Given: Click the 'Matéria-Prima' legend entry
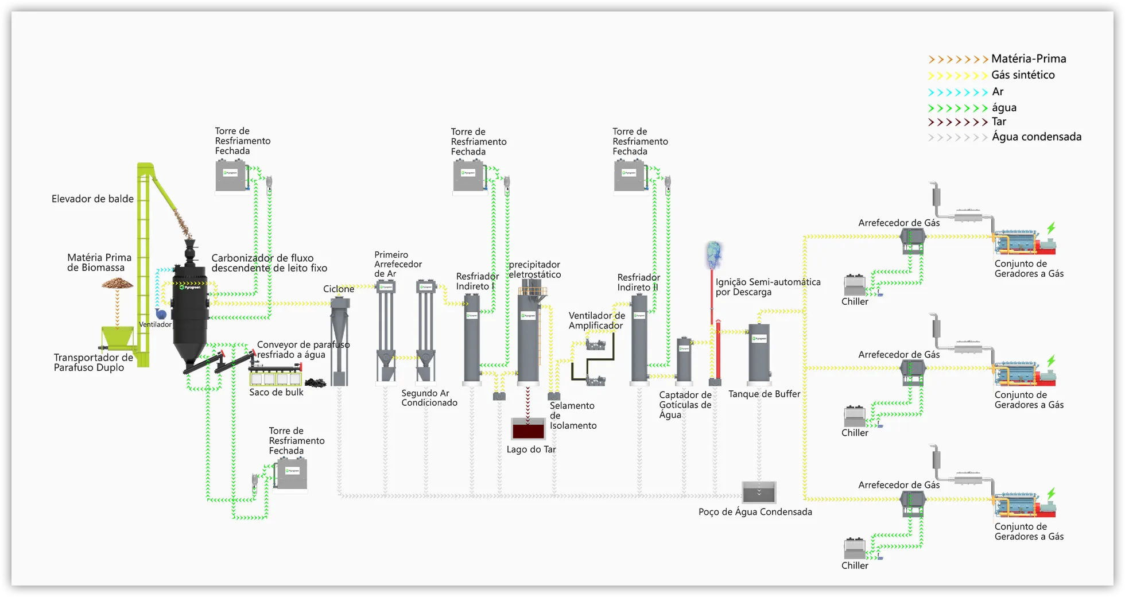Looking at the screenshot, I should (x=1028, y=59).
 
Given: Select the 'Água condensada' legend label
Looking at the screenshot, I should (x=1036, y=137).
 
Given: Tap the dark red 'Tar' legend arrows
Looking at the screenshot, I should (x=957, y=122).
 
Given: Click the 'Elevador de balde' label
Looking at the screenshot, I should (x=92, y=199).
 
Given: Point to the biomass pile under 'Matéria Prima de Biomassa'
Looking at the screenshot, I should (x=117, y=284).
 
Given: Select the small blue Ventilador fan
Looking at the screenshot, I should (x=161, y=314).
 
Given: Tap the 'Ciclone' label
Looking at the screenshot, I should (x=339, y=289).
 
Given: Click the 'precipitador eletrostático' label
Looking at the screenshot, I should (x=534, y=270).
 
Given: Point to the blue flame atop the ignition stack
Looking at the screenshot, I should (x=713, y=254).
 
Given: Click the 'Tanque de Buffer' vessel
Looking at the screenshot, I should (x=759, y=354).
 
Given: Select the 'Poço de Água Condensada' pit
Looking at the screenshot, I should (x=759, y=493).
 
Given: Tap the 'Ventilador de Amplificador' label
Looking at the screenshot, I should (x=596, y=321).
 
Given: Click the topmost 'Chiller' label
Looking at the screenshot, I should (x=855, y=302).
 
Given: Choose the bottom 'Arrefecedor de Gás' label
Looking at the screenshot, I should (x=899, y=486).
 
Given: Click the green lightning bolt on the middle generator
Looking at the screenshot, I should (x=1051, y=361).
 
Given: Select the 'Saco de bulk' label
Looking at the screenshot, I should (x=276, y=393).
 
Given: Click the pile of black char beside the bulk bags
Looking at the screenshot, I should (x=315, y=382).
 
